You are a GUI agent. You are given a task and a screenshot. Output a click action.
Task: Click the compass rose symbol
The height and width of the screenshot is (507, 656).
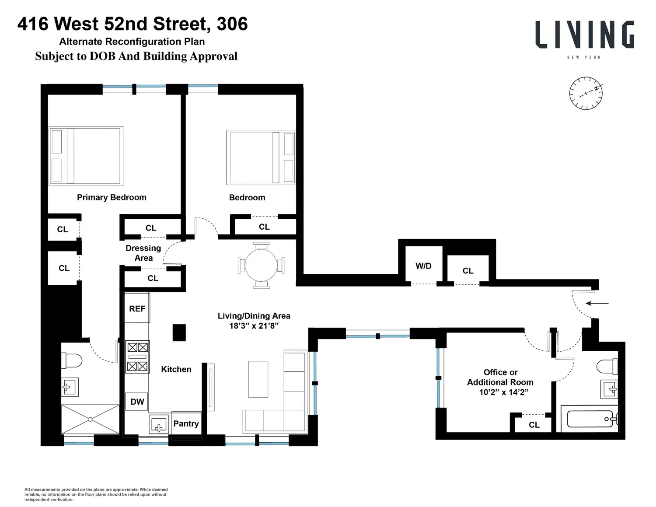coord(586,93)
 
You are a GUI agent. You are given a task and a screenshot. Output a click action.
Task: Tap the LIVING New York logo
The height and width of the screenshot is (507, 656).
coord(584,39)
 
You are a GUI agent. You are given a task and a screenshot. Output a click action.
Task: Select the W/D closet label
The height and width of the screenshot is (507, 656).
coord(423,266)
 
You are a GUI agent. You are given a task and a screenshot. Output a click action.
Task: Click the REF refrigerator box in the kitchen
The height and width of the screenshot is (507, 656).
coord(137,308)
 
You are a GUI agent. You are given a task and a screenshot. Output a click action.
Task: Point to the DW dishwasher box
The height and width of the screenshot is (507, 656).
coord(137,401)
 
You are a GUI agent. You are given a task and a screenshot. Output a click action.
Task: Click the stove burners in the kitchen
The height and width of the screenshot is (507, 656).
coord(137,357)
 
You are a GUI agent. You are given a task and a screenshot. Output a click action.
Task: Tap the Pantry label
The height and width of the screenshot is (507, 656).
coord(186,423)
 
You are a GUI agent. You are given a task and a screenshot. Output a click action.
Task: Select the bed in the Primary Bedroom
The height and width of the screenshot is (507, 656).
coord(86,156)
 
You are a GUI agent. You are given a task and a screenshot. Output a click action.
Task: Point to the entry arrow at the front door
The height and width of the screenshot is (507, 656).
coord(597,303)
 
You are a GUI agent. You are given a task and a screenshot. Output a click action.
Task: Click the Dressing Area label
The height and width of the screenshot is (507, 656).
coord(143,253)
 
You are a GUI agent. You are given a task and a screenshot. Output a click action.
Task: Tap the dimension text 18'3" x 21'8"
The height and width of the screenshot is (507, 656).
coord(254,326)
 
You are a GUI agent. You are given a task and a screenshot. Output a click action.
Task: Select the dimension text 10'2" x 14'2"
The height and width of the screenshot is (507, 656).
coord(503,392)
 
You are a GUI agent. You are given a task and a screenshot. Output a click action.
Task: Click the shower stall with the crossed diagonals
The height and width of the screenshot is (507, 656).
coord(90,420)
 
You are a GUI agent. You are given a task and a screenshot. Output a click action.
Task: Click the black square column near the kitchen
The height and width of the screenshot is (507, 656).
coord(179,332)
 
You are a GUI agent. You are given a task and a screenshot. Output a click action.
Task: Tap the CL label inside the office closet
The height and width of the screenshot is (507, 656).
coord(534,425)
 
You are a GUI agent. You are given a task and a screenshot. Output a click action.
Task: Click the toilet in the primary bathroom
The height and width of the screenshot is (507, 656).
coord(72,360)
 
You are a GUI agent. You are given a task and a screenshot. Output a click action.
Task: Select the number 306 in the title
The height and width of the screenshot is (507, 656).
coord(232,24)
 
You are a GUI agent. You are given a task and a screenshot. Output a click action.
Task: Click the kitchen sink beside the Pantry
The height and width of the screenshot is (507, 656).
coord(159,424)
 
